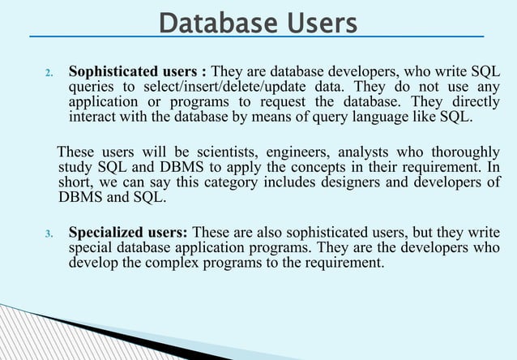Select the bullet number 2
coord(48,73)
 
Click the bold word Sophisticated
coord(115,71)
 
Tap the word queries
coord(91,87)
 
